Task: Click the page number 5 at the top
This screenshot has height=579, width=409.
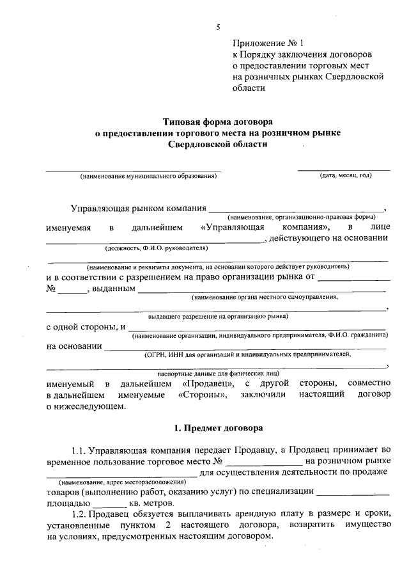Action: click(x=217, y=27)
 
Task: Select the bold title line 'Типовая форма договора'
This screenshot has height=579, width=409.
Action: click(x=217, y=120)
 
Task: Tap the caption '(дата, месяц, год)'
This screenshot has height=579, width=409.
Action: click(x=345, y=175)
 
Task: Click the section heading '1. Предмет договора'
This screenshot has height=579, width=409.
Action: click(x=217, y=427)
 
